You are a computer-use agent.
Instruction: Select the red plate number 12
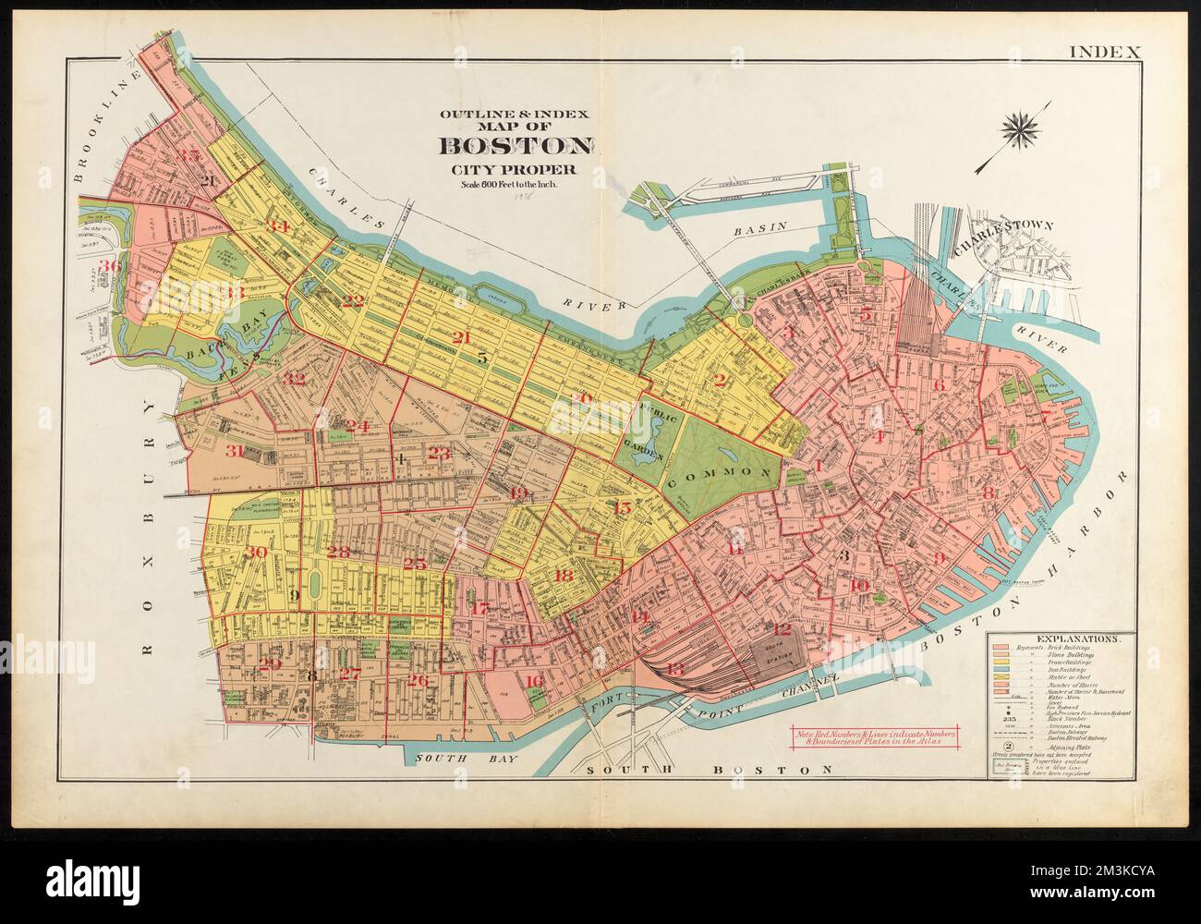784,630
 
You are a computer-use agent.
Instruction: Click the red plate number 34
277,226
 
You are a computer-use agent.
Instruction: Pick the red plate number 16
533,682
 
